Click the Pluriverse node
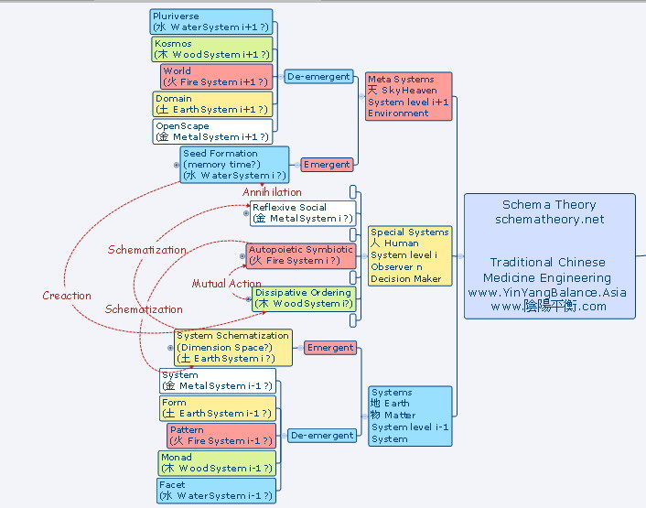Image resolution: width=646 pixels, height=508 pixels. coord(210,22)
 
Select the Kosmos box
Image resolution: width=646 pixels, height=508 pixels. coord(211,49)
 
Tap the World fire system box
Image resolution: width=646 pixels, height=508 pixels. coord(216,76)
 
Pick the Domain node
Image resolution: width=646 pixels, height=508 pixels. coord(212,103)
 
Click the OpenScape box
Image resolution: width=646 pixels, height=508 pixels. coord(212,131)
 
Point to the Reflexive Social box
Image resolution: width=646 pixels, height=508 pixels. coord(302,213)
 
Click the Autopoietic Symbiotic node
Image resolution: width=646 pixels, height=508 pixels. coord(300,254)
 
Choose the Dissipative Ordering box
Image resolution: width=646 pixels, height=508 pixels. coord(303,298)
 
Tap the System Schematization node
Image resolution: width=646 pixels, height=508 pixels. coord(233,347)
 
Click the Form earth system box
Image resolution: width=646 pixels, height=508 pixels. coord(217,408)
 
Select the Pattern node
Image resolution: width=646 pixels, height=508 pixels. coord(221,435)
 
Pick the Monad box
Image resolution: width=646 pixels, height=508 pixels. coord(217,462)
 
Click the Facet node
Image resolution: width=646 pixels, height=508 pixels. coord(217,491)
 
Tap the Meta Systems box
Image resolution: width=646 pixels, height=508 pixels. coord(408,96)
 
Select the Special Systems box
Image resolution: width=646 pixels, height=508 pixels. coord(410,256)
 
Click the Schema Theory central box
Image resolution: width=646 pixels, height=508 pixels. coord(549,256)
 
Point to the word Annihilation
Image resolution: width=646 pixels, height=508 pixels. coord(272,192)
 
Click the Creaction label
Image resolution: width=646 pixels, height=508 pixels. coord(67,296)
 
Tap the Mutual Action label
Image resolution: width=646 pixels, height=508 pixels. coord(226,284)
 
